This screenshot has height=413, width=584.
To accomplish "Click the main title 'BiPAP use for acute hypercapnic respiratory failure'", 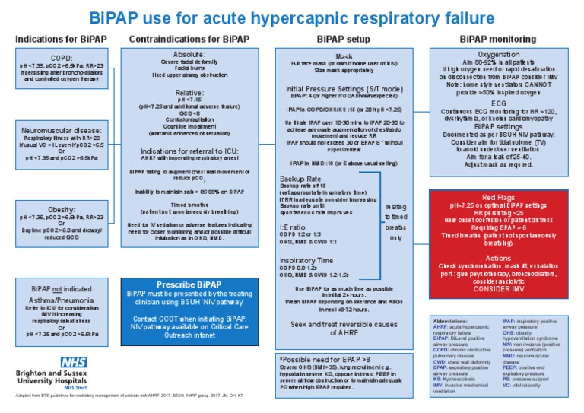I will (291, 17).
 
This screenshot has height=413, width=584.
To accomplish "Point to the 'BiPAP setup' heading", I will (344, 38).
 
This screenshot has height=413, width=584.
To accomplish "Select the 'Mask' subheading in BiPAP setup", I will (344, 56).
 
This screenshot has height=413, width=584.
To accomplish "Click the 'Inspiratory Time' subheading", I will (306, 260).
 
